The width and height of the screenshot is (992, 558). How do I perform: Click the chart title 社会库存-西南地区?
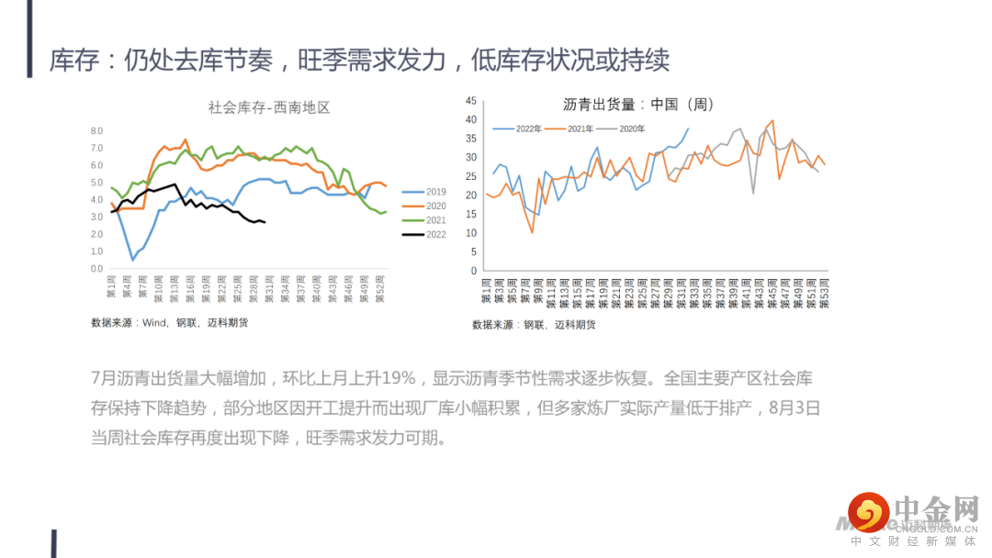(x=269, y=107)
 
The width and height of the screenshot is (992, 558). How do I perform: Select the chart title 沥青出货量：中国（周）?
(x=638, y=105)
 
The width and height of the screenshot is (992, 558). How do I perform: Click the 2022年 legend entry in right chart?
(x=528, y=128)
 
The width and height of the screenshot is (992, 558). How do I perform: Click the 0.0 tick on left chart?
(x=96, y=269)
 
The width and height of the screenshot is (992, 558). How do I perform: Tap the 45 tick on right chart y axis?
(x=470, y=100)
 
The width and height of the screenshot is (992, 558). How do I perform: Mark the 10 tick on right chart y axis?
(x=470, y=233)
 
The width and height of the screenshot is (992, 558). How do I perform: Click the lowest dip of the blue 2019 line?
(x=133, y=260)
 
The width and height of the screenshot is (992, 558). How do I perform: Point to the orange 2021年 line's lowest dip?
(x=532, y=232)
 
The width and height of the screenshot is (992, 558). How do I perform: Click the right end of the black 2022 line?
(x=265, y=222)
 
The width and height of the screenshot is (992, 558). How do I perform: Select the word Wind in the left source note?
(x=154, y=322)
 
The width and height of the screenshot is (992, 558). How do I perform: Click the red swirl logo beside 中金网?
(x=869, y=512)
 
